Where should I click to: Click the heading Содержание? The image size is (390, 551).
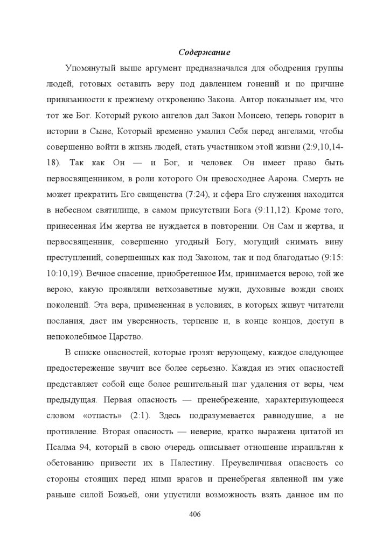(204, 53)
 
